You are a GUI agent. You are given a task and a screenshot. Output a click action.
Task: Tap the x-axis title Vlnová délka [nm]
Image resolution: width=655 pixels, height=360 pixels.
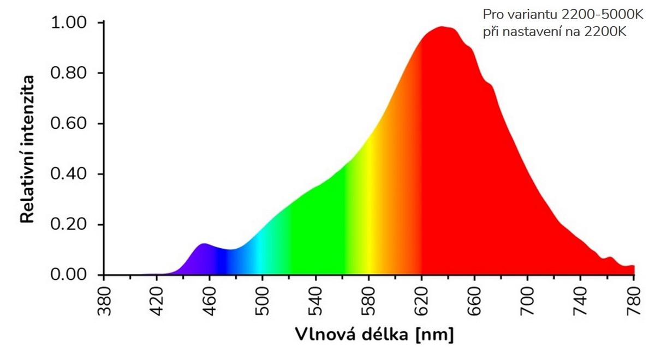pyautogui.click(x=374, y=334)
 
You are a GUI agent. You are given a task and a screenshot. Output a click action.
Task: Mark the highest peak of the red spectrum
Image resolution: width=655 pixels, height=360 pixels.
pyautogui.click(x=442, y=27)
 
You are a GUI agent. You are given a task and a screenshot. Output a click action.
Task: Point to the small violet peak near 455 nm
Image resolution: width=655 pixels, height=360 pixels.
pyautogui.click(x=204, y=244)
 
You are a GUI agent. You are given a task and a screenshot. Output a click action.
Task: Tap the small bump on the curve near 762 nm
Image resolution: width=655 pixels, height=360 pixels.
pyautogui.click(x=610, y=257)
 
